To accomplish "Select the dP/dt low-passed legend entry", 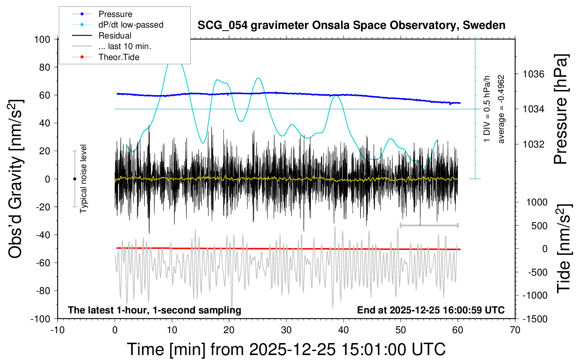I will point(131,25).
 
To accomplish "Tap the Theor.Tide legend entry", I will point(119,57).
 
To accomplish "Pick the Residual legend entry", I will point(115,36).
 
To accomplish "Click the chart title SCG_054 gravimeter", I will point(351,25).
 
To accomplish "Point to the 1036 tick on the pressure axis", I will point(533,74).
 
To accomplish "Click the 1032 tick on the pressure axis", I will point(533,144).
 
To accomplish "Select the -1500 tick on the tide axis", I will point(535,319).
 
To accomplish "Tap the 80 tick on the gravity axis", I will point(44,67).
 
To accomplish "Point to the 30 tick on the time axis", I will point(286,330).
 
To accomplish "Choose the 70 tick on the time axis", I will point(515,330).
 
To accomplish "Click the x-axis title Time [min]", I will point(286,349).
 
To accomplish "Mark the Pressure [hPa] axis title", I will point(561,109).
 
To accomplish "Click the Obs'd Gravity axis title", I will point(16,179).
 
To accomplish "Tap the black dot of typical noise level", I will point(74,179).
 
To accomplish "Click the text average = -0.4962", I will point(501,109).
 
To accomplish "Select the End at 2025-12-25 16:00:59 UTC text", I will point(431,310).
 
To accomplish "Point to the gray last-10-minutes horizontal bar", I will point(429,225).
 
